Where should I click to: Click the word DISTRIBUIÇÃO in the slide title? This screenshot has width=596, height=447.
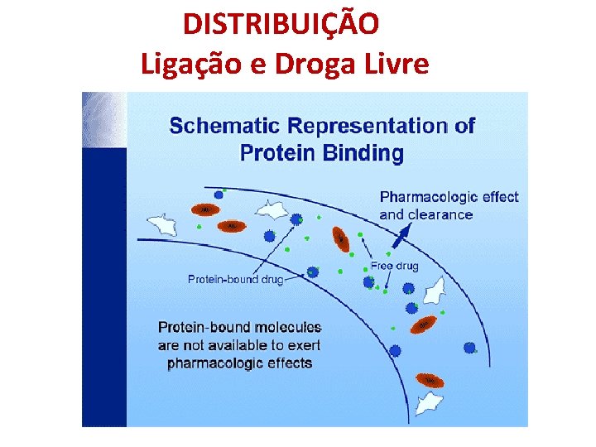click(281, 25)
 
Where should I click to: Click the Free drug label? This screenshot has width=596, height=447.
click(394, 267)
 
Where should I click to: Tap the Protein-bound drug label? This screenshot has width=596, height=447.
click(235, 280)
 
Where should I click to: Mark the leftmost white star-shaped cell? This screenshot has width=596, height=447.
click(161, 223)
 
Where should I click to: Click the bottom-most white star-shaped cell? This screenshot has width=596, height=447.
click(428, 403)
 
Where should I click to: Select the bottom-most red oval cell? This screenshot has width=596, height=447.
click(430, 381)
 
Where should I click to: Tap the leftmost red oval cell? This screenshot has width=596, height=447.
click(204, 210)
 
